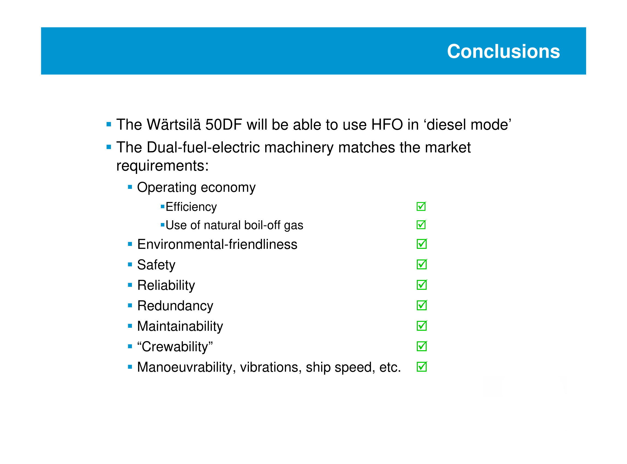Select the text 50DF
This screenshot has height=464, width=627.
(x=224, y=124)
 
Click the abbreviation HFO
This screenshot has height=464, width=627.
(x=387, y=124)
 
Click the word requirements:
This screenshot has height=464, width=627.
(x=162, y=166)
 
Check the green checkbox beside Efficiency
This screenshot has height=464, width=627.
(x=421, y=206)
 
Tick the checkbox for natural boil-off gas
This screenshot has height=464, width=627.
(x=421, y=224)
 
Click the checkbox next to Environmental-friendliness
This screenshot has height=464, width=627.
(x=422, y=243)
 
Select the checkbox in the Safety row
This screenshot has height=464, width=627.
(x=422, y=264)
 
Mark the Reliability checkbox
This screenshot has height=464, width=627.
(x=422, y=284)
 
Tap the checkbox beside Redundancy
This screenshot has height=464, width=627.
(x=422, y=305)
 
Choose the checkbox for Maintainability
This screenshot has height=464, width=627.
(x=422, y=326)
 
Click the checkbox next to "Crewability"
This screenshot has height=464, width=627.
(x=422, y=346)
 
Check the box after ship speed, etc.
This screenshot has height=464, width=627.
(x=422, y=367)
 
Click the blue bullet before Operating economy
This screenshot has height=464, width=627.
(x=130, y=187)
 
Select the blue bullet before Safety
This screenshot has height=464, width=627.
(x=130, y=264)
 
